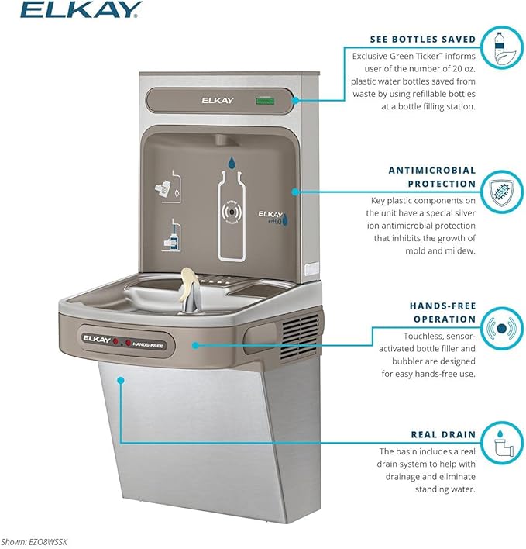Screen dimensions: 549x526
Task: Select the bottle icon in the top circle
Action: pyautogui.click(x=500, y=47)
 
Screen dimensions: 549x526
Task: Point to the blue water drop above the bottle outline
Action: pyautogui.click(x=232, y=163)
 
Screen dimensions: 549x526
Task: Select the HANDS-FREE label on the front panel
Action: pyautogui.click(x=146, y=342)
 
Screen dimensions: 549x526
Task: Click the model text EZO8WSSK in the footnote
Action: pyautogui.click(x=46, y=542)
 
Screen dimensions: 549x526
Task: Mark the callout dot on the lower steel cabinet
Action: pyautogui.click(x=121, y=379)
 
